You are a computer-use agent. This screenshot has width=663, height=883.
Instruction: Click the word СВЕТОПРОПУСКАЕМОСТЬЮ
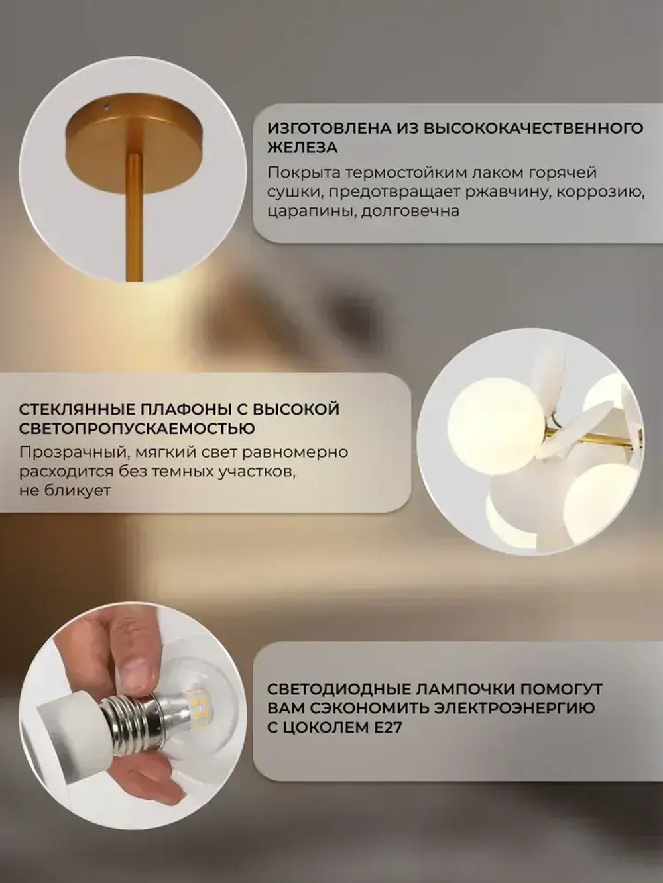(137, 429)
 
